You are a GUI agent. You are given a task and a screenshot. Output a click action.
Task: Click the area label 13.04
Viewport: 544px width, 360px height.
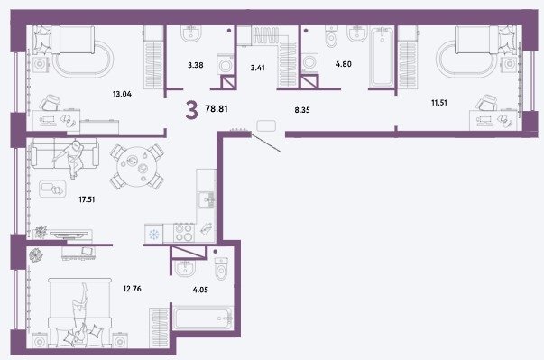click(122, 94)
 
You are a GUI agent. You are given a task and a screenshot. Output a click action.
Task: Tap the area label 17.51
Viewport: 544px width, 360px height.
click(87, 199)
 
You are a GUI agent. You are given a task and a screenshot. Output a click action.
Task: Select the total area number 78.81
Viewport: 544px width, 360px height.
click(217, 109)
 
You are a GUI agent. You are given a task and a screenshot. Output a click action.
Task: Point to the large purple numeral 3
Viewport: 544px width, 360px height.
click(191, 109)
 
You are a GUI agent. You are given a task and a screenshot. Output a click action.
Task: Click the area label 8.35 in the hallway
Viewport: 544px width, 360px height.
click(302, 110)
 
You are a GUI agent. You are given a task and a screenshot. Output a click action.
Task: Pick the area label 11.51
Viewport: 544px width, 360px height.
click(439, 103)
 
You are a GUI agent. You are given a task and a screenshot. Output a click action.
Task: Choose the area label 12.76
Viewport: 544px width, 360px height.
click(133, 289)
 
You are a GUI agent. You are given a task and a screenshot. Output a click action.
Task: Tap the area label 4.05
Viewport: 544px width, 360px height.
click(200, 290)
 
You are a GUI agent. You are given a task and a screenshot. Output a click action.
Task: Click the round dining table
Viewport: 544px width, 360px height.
click(137, 167)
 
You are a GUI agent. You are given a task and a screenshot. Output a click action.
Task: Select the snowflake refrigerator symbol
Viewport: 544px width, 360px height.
click(153, 235)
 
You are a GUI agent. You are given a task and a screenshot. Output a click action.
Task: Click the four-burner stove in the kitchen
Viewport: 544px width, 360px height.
click(184, 233)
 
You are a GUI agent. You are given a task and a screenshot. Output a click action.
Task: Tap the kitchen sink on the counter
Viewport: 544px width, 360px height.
click(206, 199)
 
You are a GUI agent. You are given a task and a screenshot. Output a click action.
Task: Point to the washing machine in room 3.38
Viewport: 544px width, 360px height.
click(226, 64)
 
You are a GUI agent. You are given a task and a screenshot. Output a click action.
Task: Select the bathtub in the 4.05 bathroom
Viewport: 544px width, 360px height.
click(203, 318)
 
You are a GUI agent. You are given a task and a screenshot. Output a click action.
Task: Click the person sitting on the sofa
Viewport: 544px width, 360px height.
click(72, 158)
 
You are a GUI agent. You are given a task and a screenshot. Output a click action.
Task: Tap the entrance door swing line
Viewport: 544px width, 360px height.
click(266, 143)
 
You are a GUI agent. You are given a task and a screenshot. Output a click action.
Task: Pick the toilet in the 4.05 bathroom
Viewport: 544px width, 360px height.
click(221, 268)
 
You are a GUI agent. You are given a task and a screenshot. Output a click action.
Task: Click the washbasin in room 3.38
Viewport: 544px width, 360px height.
click(191, 33)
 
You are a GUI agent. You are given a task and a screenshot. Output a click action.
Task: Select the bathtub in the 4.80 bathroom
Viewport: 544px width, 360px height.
click(382, 57)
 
